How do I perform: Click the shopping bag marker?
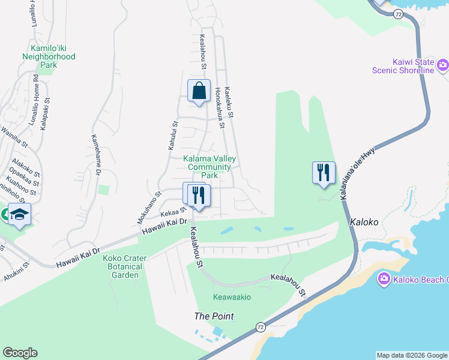(199, 91)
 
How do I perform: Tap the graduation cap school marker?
(20, 214)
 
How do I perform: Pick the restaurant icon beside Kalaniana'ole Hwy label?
(324, 173)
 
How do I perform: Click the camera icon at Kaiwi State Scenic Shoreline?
(443, 65)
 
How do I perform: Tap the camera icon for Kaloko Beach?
(383, 278)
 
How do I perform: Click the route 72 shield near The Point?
(260, 326)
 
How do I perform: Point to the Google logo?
(20, 353)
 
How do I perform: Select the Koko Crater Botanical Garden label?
(121, 266)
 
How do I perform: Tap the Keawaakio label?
(232, 297)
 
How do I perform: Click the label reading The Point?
(214, 316)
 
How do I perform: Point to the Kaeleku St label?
(229, 101)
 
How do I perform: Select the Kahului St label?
(172, 136)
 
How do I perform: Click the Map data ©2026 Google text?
(412, 355)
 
